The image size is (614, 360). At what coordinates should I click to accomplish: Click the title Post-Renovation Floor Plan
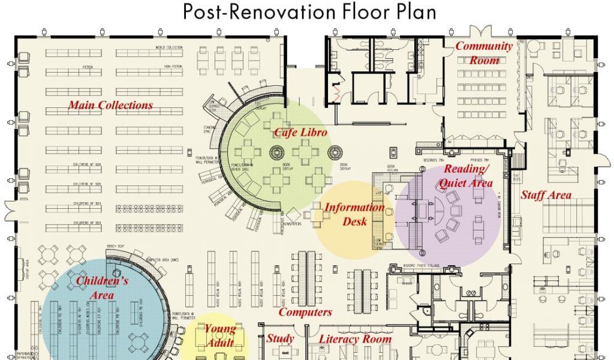pyautogui.click(x=309, y=11)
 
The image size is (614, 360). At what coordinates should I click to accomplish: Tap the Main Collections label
pyautogui.click(x=110, y=106)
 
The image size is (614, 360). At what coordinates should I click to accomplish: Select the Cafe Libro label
pyautogui.click(x=301, y=132)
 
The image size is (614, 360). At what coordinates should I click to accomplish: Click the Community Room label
pyautogui.click(x=484, y=53)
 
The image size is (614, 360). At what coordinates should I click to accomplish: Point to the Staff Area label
pyautogui.click(x=546, y=195)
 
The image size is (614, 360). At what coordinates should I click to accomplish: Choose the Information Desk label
pyautogui.click(x=355, y=214)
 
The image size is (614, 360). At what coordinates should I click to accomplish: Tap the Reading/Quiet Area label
pyautogui.click(x=468, y=176)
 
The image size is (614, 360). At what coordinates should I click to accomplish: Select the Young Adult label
pyautogui.click(x=220, y=335)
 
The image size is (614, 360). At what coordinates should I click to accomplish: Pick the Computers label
pyautogui.click(x=305, y=312)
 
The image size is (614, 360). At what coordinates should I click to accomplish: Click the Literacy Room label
pyautogui.click(x=355, y=339)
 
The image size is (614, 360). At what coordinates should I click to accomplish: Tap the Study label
pyautogui.click(x=280, y=339)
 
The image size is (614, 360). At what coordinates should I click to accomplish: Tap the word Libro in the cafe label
pyautogui.click(x=314, y=132)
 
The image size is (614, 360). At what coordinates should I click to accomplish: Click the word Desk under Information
pyautogui.click(x=355, y=221)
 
